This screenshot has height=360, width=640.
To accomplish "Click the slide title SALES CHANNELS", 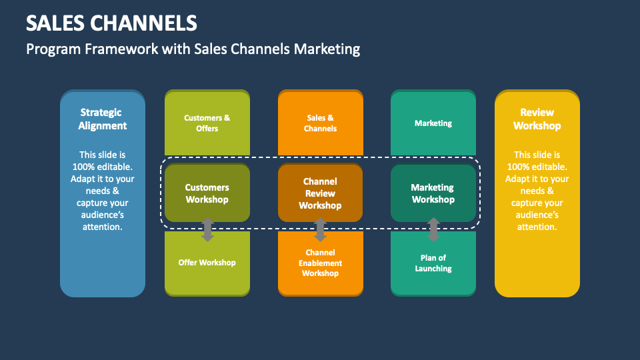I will coord(111,23).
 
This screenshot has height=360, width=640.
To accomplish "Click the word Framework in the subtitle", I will coord(115,49).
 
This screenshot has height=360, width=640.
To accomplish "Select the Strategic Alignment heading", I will coord(103,119).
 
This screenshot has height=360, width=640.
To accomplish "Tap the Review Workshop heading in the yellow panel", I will coord(537,119).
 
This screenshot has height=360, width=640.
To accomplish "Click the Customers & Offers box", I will coord(207,123).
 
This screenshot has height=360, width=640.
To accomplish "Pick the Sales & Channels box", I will coord(320,123).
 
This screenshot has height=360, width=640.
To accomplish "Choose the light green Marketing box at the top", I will coord(433,123).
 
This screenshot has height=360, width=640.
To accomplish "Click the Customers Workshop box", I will coord(207,193).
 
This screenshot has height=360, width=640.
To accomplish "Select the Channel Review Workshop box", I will coord(320,193).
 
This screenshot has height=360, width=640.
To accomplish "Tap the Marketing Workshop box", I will coord(433,193).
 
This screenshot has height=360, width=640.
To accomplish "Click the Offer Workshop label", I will coord(207,263).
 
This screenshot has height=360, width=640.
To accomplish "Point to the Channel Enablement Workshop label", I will coord(320,263).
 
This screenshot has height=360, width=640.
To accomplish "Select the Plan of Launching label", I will coord(433,263).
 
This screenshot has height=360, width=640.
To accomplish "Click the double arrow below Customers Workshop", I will coord(207,229).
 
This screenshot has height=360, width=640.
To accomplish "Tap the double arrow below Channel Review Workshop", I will coord(320,229).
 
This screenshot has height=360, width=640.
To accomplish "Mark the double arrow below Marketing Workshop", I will coord(433,229).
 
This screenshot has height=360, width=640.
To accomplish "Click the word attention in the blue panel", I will coord(103,227).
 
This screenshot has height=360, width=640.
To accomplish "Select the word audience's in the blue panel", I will coord(103,215).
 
